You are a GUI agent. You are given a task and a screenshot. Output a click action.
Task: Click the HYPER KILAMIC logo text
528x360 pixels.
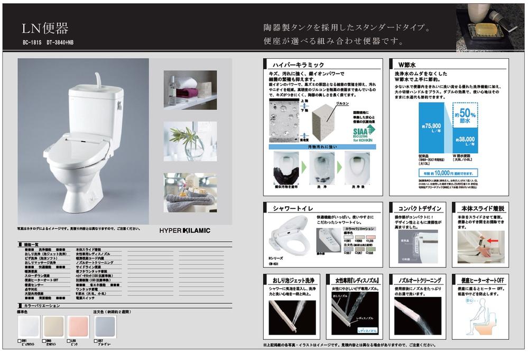coord(185,230)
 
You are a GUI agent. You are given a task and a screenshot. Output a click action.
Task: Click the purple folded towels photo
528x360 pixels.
coord(183,90)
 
